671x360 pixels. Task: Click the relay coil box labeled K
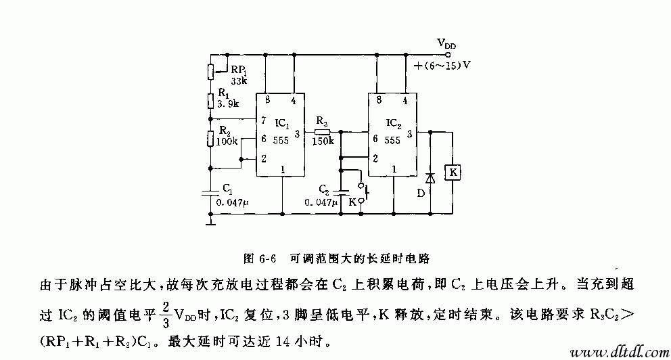point(451,173)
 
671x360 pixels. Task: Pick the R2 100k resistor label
point(226,137)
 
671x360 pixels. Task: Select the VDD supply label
point(446,43)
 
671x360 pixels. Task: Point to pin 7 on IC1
point(262,120)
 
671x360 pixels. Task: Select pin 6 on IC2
point(374,139)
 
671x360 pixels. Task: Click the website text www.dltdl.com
point(614,351)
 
